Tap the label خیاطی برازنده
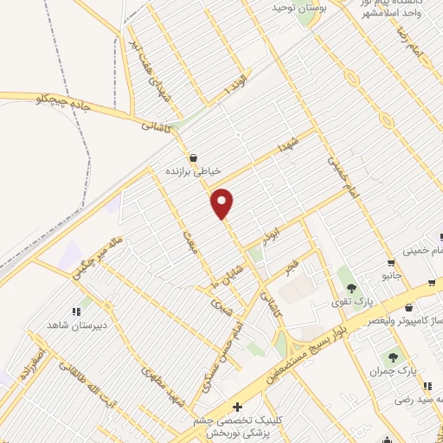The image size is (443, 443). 194,171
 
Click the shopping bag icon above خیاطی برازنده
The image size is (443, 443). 192,157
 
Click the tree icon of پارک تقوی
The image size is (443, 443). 348,285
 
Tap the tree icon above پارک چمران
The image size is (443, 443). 393,355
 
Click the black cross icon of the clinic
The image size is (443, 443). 238,406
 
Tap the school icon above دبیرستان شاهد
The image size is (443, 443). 76,309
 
